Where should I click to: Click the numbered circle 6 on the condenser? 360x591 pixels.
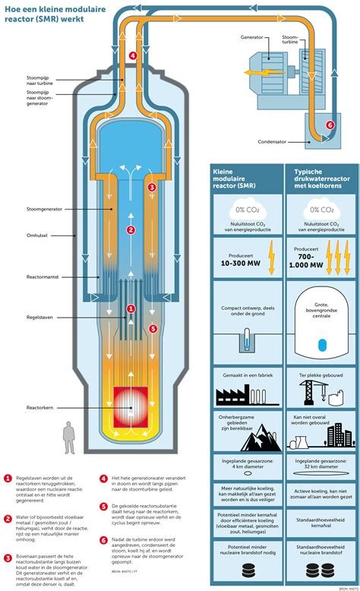click(329, 125)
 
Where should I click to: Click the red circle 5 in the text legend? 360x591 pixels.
click(103, 505)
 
